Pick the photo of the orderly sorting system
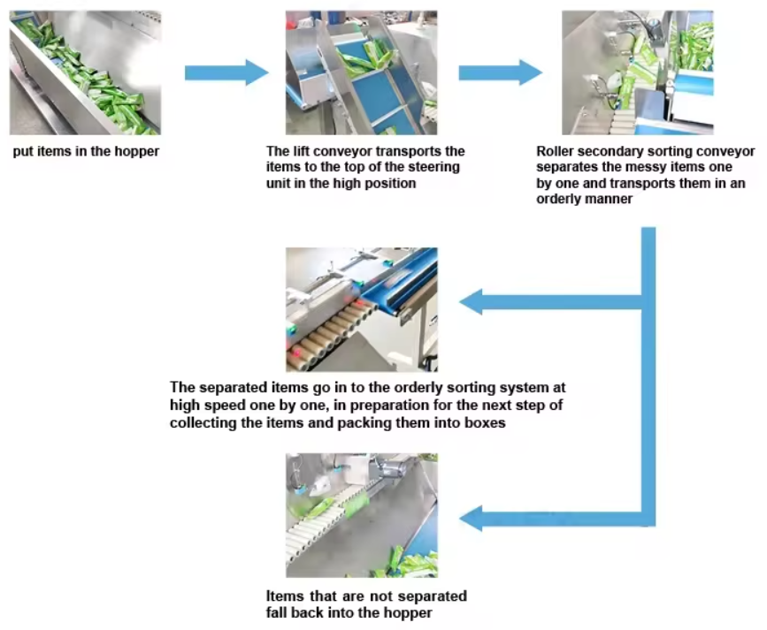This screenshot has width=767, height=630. [361, 309]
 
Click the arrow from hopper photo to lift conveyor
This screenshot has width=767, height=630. [226, 72]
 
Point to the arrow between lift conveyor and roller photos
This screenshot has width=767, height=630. [500, 72]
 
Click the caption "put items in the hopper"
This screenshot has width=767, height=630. [86, 151]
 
